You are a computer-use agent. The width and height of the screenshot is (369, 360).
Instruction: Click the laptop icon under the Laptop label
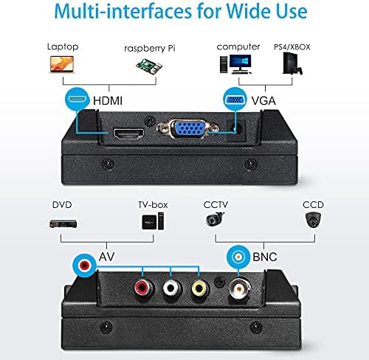click(x=62, y=64)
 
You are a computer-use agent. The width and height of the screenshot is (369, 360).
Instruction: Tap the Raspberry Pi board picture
click(x=149, y=66)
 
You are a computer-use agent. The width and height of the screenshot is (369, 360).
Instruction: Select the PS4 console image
click(x=292, y=63)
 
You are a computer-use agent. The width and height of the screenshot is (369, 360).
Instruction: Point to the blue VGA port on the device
click(x=187, y=128)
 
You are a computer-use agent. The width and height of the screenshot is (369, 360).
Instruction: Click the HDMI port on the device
click(x=128, y=134)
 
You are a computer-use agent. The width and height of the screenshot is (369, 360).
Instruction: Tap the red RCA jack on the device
click(x=144, y=288)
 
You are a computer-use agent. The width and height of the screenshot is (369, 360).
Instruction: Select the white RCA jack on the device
click(x=172, y=288)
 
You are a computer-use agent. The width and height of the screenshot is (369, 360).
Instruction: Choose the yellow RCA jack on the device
click(x=200, y=288)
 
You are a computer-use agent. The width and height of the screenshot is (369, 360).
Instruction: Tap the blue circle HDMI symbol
click(x=77, y=99)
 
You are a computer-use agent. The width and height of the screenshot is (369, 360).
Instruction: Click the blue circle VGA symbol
click(x=235, y=100)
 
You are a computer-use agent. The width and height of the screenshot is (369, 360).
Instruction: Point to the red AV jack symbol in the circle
click(x=84, y=266)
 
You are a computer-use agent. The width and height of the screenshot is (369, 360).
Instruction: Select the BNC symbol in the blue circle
click(x=238, y=257)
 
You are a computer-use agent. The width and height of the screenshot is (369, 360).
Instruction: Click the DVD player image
click(x=63, y=224)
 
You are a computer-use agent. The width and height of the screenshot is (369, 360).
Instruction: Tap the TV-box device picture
click(x=153, y=221)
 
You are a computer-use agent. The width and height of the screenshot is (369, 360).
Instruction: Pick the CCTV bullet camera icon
click(x=215, y=219)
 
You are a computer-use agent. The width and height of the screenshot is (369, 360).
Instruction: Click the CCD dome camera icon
click(x=313, y=220)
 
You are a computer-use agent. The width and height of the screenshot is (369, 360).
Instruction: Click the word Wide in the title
click(x=249, y=11)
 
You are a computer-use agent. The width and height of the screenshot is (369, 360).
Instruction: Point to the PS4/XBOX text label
click(x=292, y=46)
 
